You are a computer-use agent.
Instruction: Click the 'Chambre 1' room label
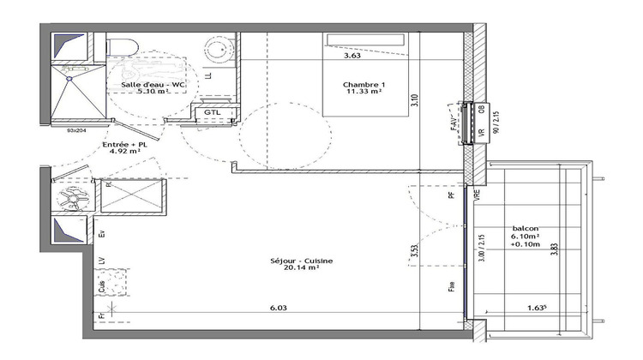point(363,84)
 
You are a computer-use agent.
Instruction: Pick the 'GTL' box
point(211,112)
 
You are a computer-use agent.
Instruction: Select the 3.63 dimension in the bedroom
point(352,57)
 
